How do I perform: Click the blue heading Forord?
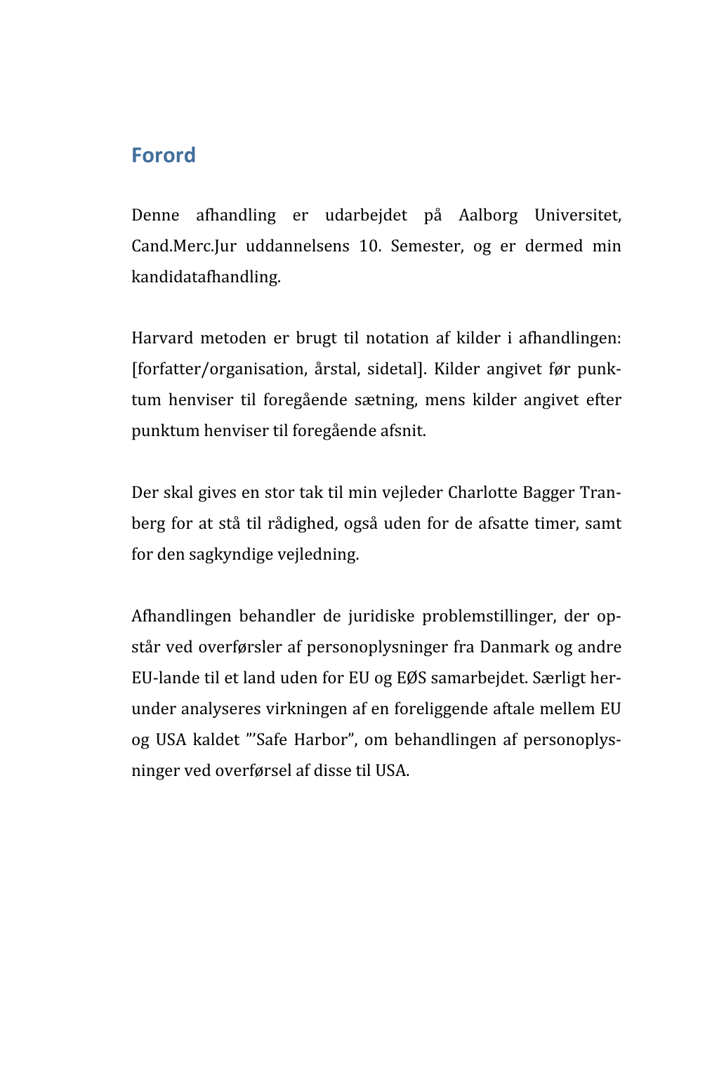click(163, 155)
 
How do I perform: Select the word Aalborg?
click(488, 215)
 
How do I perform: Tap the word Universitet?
click(577, 215)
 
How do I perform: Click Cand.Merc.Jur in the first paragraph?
click(184, 246)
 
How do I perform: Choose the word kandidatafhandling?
click(206, 277)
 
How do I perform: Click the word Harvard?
click(162, 338)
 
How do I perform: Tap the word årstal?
click(336, 369)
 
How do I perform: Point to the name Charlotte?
click(482, 492)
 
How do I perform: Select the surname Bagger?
click(548, 492)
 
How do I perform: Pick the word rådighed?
click(301, 523)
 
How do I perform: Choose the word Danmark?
click(514, 647)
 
